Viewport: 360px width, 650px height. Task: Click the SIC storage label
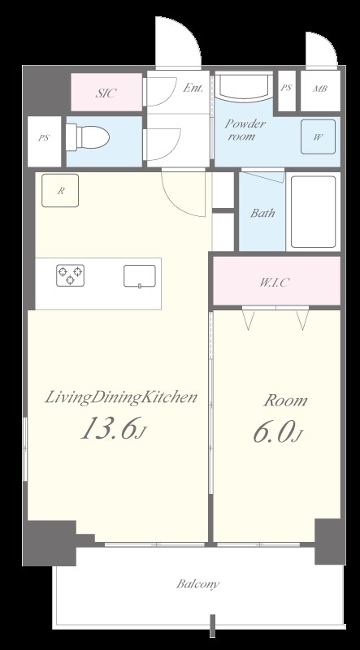[x=106, y=93]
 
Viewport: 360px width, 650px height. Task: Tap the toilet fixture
[x=88, y=137]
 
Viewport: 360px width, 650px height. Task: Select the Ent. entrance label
[x=193, y=88]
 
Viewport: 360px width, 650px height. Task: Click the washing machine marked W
[x=318, y=136]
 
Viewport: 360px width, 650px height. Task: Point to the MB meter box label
[x=319, y=89]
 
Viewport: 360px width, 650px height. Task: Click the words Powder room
[x=245, y=130]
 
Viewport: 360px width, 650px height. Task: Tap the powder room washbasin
[x=244, y=87]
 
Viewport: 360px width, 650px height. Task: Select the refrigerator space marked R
[x=60, y=190]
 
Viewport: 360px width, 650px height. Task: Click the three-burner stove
[x=70, y=275]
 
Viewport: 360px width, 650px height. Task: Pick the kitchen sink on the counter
[x=140, y=276]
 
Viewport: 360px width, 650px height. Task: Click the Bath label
[x=262, y=213]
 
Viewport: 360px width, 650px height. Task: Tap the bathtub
[x=313, y=211]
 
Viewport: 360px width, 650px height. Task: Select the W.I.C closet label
[x=274, y=283]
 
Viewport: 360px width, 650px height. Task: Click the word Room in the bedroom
[x=286, y=401]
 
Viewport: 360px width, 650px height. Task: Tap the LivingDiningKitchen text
[x=120, y=398]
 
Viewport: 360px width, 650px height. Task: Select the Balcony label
[x=197, y=584]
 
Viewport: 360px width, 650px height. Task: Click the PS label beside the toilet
[x=44, y=138]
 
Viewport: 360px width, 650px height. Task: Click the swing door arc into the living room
[x=178, y=203]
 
